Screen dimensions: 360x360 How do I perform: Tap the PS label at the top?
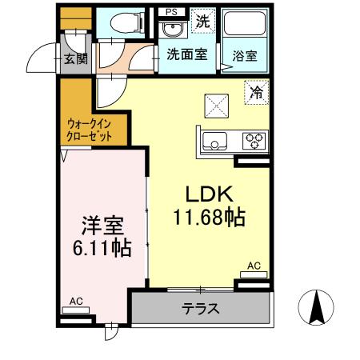[172, 12]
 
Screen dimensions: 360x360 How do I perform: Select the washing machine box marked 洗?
[203, 22]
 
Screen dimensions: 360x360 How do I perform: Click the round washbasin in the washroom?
[171, 30]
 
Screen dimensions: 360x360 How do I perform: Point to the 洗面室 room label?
[186, 54]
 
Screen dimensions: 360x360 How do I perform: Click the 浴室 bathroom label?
[244, 56]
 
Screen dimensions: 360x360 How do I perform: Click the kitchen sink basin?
[214, 142]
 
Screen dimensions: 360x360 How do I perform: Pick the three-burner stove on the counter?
[254, 142]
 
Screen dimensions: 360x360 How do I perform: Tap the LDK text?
[210, 194]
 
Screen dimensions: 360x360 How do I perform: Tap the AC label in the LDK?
[254, 266]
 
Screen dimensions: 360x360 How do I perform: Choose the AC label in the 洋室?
[76, 301]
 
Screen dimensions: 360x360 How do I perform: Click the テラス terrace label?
[200, 309]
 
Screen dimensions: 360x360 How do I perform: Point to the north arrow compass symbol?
[318, 309]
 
